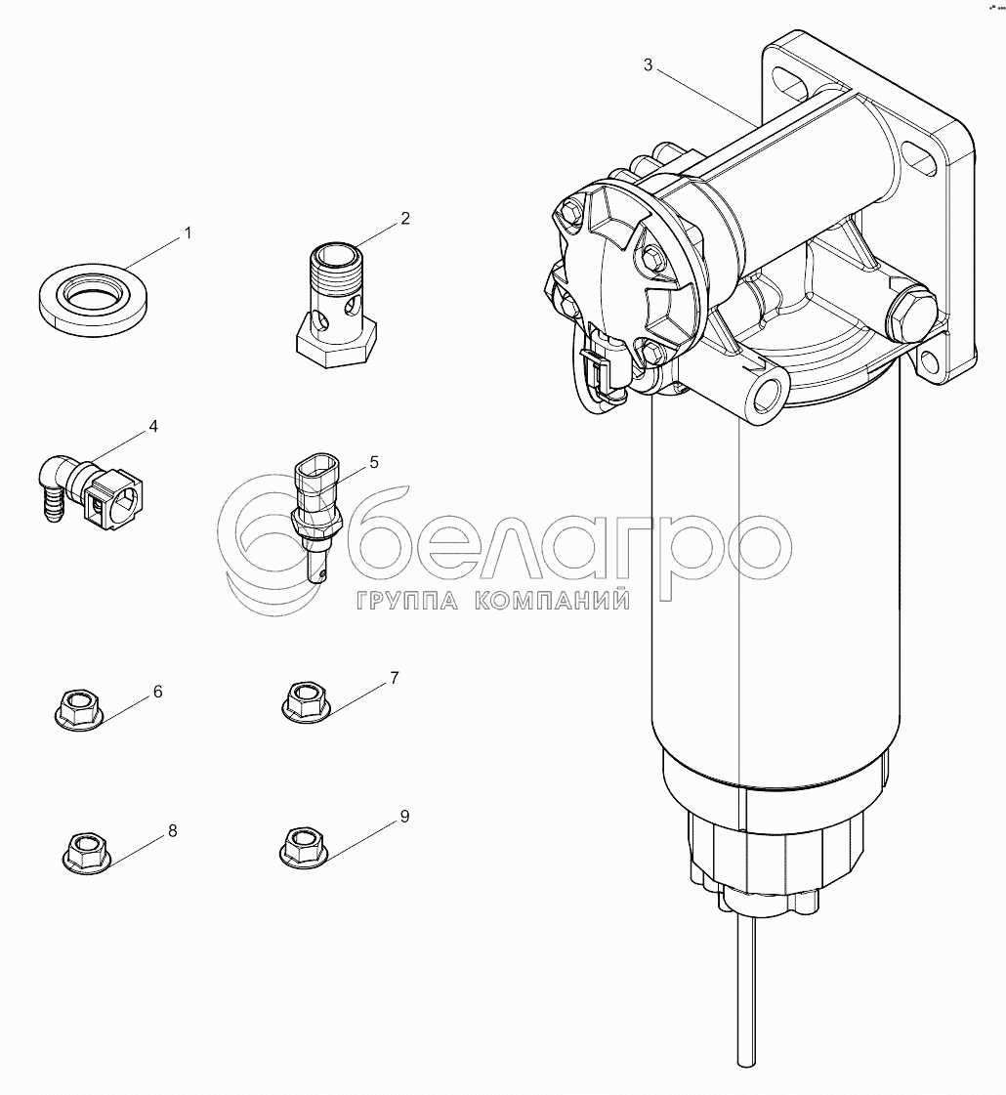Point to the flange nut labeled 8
(87, 851)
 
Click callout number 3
(648, 64)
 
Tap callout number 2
(405, 219)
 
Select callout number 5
(374, 462)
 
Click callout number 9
(405, 817)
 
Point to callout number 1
(188, 232)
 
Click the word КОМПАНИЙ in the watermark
(552, 600)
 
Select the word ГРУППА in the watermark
(406, 600)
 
